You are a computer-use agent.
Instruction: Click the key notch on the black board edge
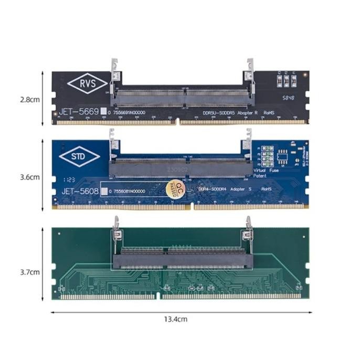click(x=178, y=123)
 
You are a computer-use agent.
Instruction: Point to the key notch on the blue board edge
click(x=192, y=207)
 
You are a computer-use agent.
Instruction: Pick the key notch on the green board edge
click(x=158, y=297)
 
